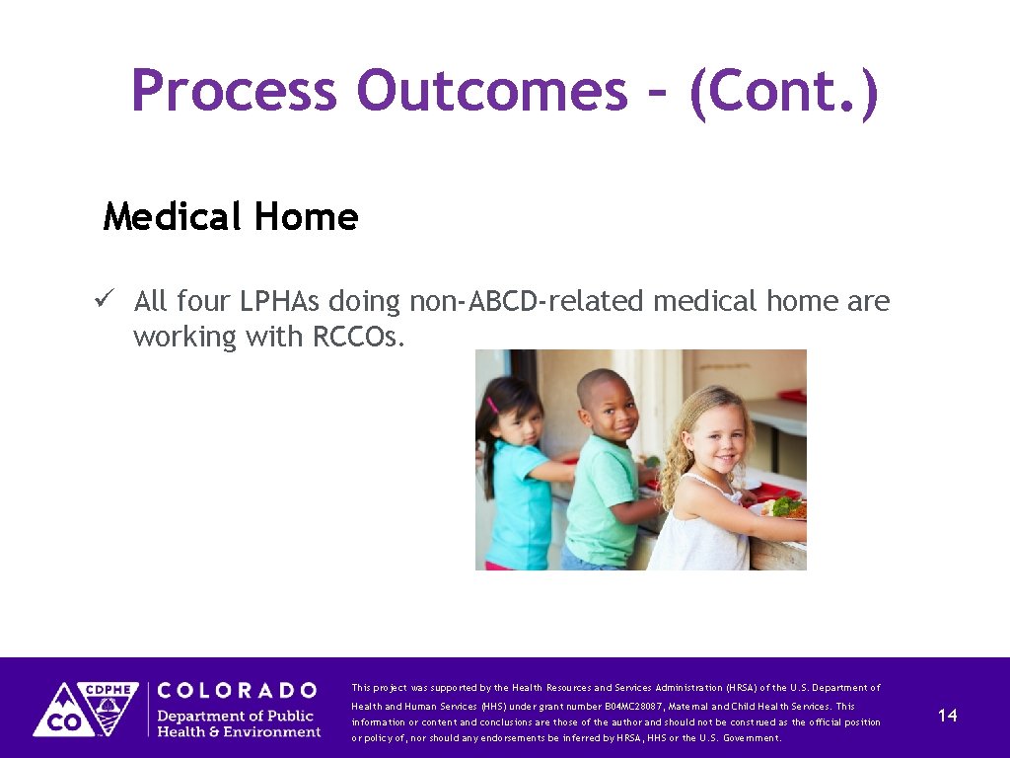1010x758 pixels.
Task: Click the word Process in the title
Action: pos(234,91)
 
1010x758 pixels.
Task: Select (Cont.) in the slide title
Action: pos(783,91)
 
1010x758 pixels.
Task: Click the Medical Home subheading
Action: pos(231,216)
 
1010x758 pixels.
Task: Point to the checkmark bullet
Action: pos(109,299)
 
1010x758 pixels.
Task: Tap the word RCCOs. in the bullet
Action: pos(358,337)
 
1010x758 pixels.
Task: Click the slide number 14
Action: pos(947,716)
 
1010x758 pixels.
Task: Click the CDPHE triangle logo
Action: pos(86,709)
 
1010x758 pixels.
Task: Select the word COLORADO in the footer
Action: pos(237,690)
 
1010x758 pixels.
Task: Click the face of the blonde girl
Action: pos(716,437)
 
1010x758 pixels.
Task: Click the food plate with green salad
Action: pos(787,507)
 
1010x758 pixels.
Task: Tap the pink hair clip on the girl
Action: pos(492,405)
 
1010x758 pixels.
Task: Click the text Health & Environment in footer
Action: pos(240,731)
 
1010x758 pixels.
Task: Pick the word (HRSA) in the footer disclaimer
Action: pos(745,688)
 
